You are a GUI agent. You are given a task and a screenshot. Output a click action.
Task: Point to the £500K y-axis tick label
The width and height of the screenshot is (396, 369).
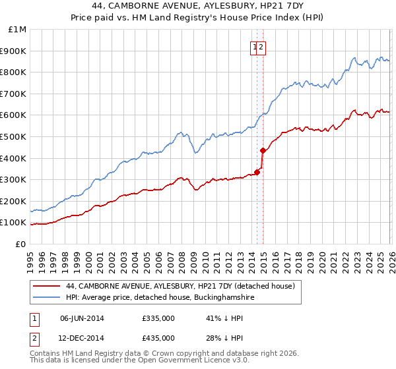(14, 137)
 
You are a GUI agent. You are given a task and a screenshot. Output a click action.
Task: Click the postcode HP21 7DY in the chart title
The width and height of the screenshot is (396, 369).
(257, 7)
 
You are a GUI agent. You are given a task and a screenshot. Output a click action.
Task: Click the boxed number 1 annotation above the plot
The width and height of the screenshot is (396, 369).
(255, 47)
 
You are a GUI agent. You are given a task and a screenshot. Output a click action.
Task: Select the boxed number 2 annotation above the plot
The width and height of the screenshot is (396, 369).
(261, 47)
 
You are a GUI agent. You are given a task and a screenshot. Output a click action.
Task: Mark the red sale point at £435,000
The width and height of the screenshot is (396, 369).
(263, 150)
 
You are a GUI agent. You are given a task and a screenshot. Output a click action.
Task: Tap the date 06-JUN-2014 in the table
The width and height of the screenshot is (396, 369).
(82, 318)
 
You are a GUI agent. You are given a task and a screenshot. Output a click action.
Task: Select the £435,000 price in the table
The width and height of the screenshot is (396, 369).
(158, 337)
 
